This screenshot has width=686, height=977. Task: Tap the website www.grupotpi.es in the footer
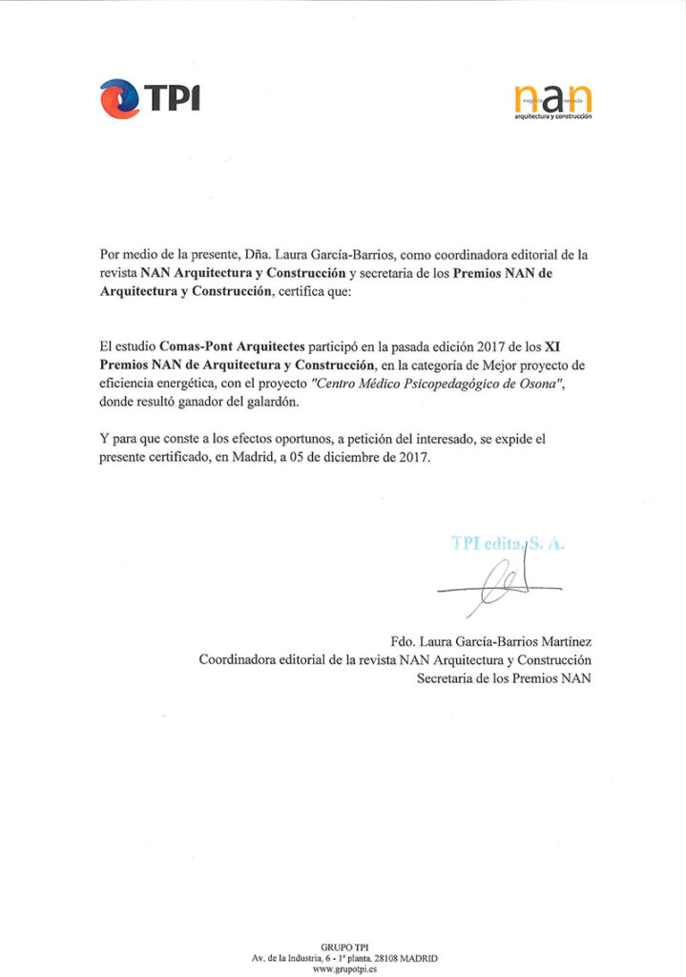tap(343, 967)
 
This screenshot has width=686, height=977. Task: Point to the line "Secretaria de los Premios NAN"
tap(504, 678)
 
